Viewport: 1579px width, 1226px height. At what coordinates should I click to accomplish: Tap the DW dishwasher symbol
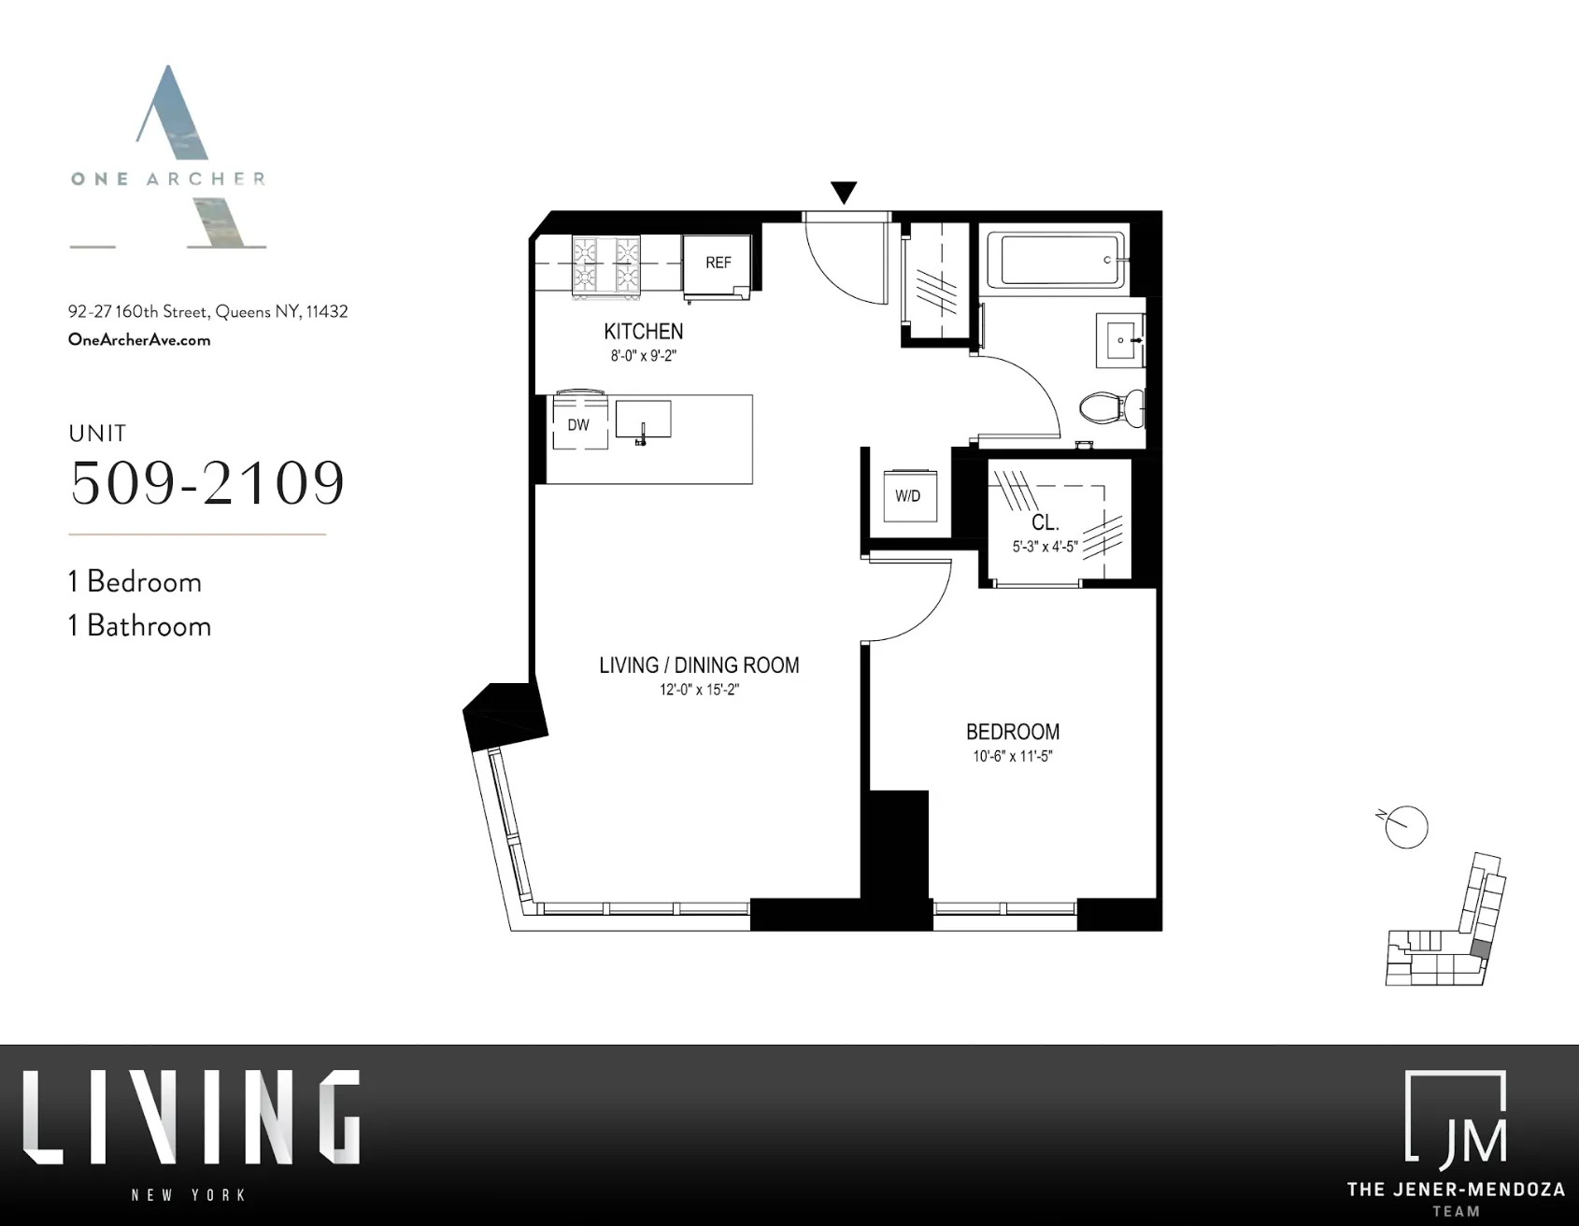click(x=579, y=424)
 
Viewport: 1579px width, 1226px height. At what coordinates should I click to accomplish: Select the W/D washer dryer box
click(x=907, y=495)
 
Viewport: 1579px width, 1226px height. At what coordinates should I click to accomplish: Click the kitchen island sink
click(x=643, y=420)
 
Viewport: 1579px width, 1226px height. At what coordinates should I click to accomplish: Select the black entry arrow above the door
click(x=844, y=192)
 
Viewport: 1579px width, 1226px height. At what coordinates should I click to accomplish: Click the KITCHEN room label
click(x=643, y=332)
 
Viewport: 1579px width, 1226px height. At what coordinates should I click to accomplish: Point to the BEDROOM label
click(x=1012, y=732)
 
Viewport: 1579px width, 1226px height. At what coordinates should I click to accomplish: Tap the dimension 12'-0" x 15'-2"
click(x=699, y=691)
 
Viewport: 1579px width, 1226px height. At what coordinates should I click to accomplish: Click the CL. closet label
click(x=1045, y=523)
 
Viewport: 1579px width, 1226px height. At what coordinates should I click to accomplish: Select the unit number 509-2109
click(x=207, y=483)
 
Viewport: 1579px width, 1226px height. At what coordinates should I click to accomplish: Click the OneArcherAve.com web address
click(x=139, y=340)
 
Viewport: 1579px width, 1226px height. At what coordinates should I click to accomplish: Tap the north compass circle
click(x=1406, y=827)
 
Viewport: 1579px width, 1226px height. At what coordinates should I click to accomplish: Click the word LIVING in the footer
click(x=192, y=1119)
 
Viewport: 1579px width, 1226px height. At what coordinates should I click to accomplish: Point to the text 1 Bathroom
click(x=140, y=626)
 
